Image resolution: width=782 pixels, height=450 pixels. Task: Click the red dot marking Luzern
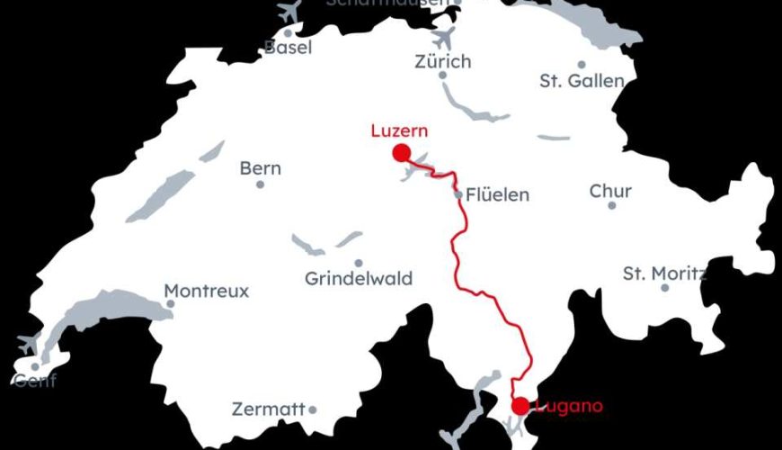tap(401, 152)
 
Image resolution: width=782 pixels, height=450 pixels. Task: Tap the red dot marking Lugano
tap(520, 406)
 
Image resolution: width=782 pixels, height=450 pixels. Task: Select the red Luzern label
tap(399, 130)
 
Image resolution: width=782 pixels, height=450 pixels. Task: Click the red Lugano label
tap(568, 407)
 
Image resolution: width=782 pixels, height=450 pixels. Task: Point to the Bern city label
tap(261, 168)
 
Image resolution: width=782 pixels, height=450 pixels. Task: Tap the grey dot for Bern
tap(261, 184)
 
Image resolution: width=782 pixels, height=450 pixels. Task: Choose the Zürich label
tap(442, 61)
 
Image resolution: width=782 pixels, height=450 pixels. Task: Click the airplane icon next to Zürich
tap(444, 38)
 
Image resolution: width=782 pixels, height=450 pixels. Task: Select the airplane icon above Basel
tap(289, 13)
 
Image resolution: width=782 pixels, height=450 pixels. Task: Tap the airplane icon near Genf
tap(29, 343)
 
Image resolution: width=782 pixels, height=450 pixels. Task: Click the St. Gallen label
tap(582, 81)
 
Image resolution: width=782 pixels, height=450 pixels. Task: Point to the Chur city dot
tap(612, 205)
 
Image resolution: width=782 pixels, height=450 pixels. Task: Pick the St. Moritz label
tap(664, 273)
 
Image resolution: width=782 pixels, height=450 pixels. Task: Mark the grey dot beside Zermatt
tap(313, 409)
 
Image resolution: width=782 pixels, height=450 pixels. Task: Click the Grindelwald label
tap(359, 279)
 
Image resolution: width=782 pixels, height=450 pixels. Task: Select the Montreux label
tap(207, 291)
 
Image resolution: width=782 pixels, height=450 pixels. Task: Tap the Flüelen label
tap(498, 194)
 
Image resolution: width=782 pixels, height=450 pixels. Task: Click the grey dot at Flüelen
tap(458, 194)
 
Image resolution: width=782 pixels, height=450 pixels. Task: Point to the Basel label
tap(288, 48)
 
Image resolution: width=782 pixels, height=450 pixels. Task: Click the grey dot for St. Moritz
tap(665, 288)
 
